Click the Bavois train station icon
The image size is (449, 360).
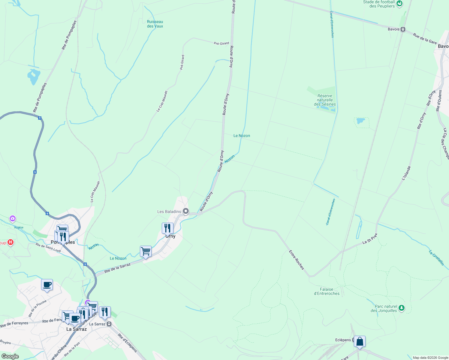tap(403, 29)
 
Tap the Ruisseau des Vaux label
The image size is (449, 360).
tap(155, 24)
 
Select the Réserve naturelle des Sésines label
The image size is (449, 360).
tap(325, 100)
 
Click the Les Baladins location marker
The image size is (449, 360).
tap(186, 211)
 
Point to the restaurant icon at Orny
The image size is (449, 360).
tap(167, 228)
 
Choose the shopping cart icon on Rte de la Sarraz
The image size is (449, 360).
tap(146, 251)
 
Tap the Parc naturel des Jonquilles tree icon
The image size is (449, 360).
tap(402, 308)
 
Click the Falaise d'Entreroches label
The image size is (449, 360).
tap(327, 292)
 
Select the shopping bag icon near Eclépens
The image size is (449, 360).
tap(360, 341)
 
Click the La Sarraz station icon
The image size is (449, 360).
tap(109, 324)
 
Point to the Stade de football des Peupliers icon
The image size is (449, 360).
tap(399, 4)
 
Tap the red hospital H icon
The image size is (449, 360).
tap(11, 242)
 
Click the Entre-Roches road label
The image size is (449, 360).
tap(296, 260)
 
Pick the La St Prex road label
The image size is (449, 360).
tap(370, 239)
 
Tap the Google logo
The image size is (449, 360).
tap(10, 356)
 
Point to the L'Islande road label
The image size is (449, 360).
tap(406, 173)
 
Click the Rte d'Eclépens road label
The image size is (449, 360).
tap(128, 343)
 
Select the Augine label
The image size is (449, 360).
tap(19, 227)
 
